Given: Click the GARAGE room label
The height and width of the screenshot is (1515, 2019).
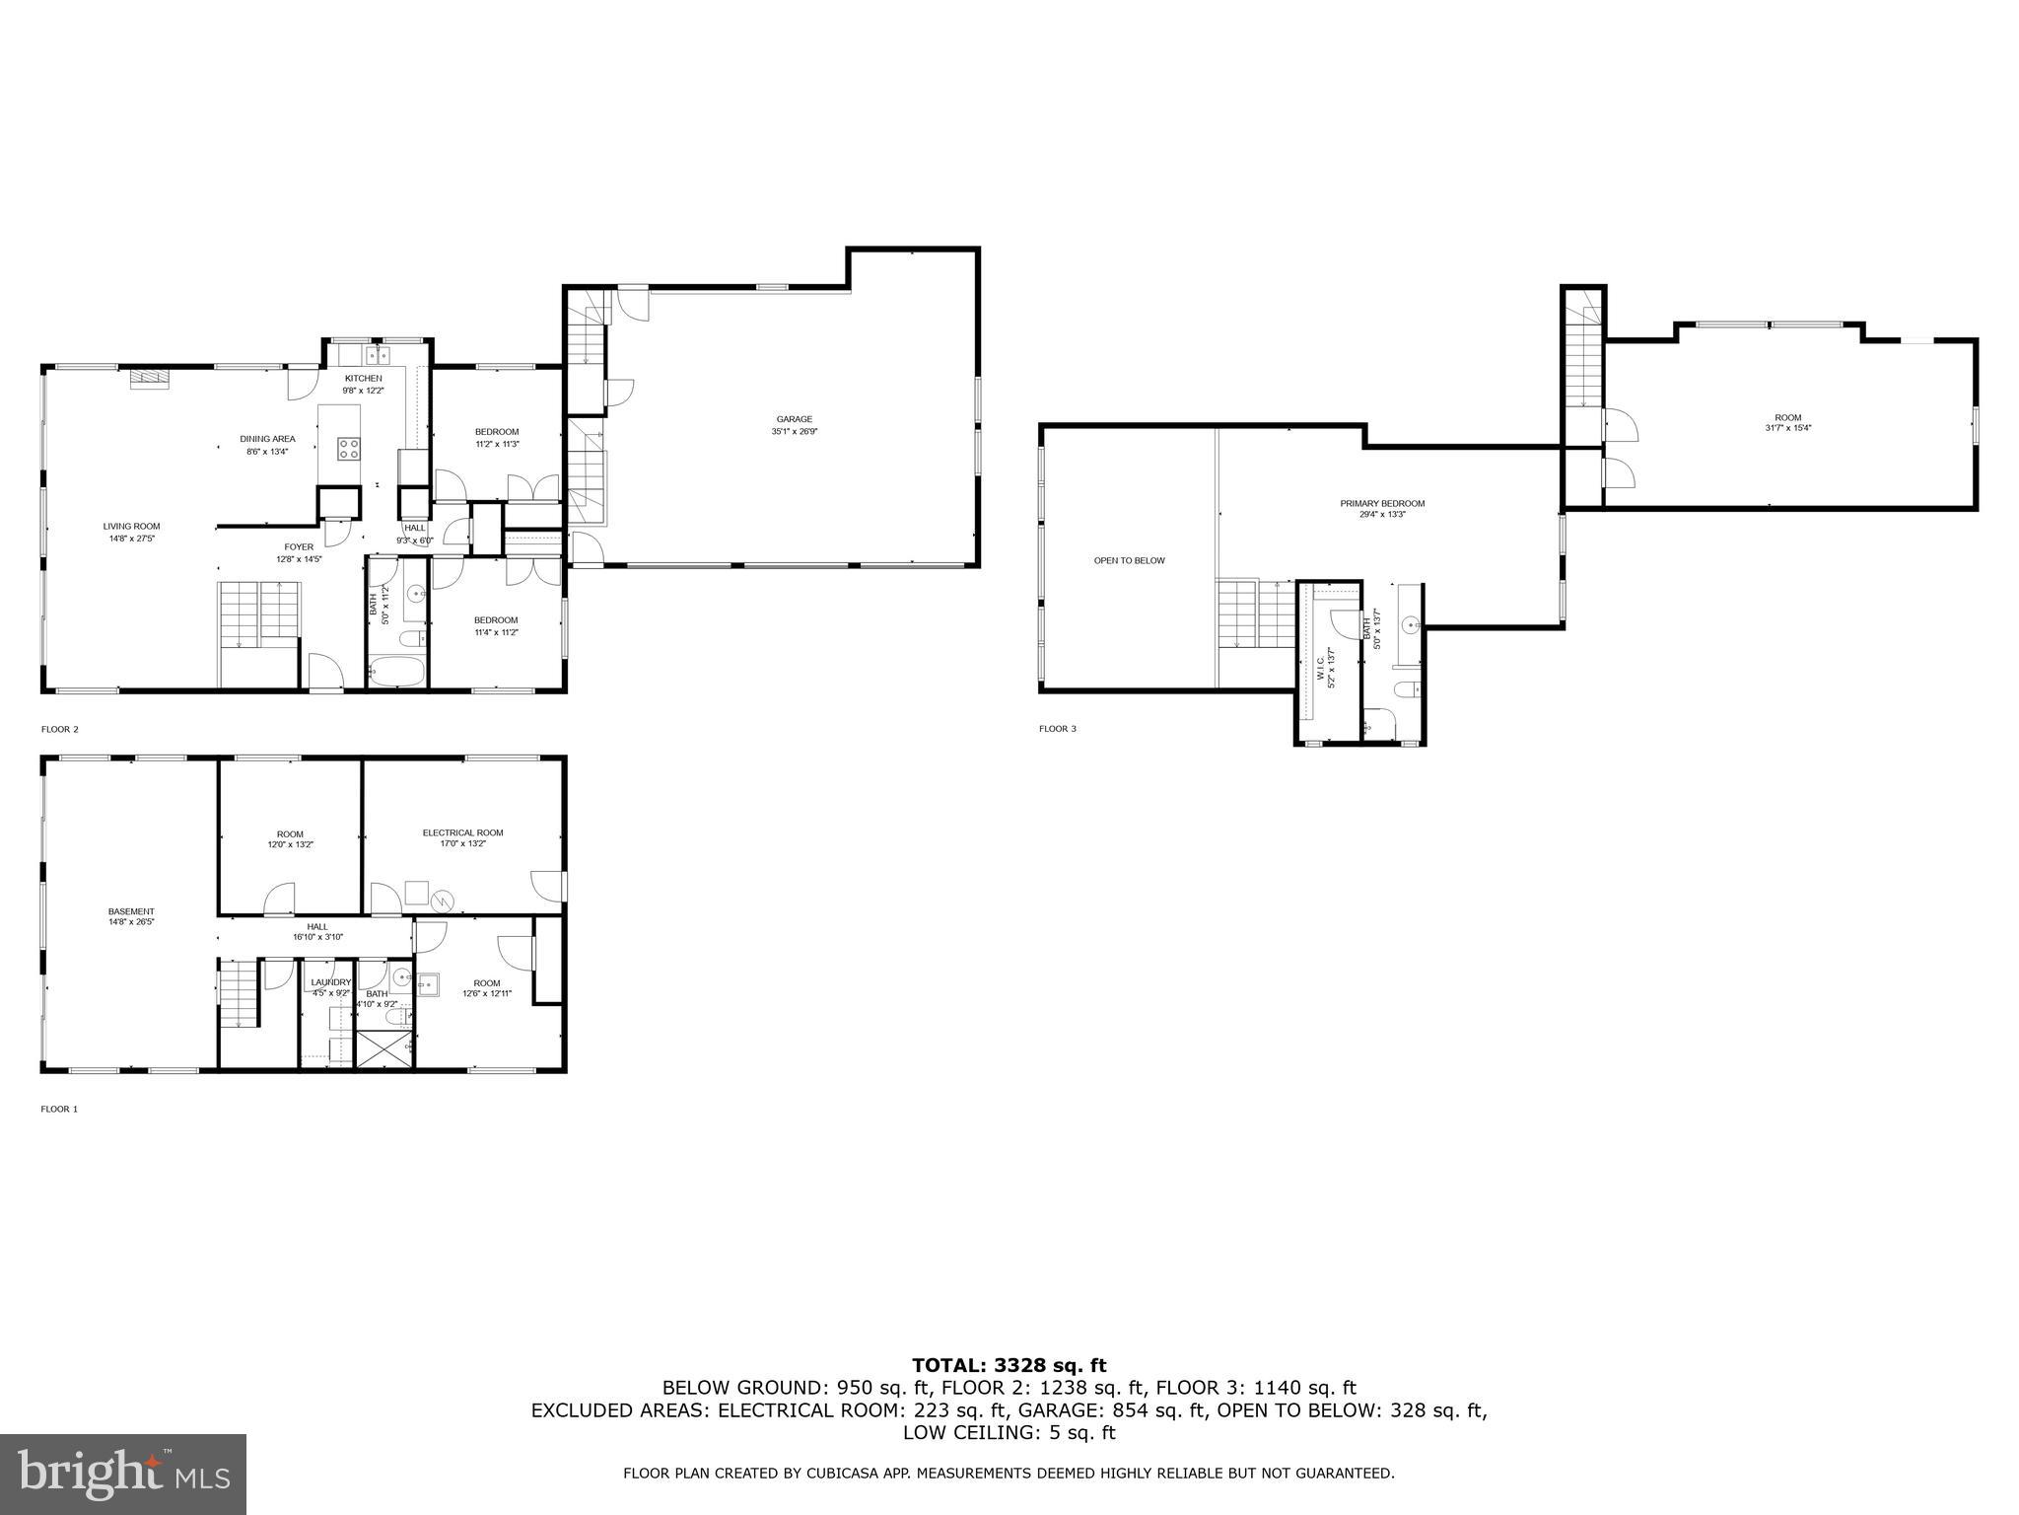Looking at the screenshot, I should [x=794, y=419].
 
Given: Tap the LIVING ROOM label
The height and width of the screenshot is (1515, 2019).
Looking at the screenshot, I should [x=131, y=527].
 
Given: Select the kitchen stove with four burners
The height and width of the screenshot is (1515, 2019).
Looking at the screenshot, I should [x=348, y=449].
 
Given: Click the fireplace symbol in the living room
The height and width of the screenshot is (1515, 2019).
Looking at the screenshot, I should [x=149, y=377].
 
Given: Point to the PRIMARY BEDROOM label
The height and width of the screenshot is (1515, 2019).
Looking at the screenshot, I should [x=1382, y=504].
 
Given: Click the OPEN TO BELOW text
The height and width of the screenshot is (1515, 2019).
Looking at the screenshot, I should [x=1129, y=560].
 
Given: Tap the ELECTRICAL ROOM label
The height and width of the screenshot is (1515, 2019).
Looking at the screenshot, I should [x=462, y=832].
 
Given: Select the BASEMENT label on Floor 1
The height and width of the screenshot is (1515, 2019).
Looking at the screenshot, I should [x=131, y=911].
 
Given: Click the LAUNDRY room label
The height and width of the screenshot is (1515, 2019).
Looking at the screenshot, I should [x=330, y=982].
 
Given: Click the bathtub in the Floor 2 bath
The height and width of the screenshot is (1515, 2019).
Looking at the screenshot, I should [x=396, y=674].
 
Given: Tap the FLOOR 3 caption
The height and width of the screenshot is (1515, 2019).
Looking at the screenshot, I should [x=1057, y=729].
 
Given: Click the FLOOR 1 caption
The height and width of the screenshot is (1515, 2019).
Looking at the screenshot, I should [x=58, y=1109].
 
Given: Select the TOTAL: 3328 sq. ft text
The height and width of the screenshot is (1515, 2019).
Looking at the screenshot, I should [x=1009, y=1365].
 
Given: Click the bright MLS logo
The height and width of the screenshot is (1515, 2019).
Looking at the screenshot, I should [x=123, y=1475].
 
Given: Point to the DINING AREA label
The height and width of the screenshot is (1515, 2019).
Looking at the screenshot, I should [x=267, y=439].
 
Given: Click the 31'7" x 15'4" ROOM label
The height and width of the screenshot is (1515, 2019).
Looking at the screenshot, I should [x=1787, y=418].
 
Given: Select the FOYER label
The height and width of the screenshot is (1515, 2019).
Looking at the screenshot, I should [x=299, y=546].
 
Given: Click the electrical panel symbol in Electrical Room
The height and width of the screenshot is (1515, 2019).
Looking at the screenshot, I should [x=444, y=899].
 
